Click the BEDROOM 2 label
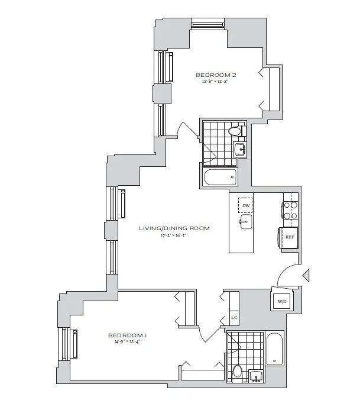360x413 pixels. pyautogui.click(x=216, y=75)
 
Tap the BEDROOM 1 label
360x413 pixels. pyautogui.click(x=127, y=335)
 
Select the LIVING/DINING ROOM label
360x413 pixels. pyautogui.click(x=174, y=228)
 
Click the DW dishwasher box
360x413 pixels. pyautogui.click(x=245, y=205)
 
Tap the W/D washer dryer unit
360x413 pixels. pyautogui.click(x=281, y=301)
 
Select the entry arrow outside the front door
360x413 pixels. pyautogui.click(x=306, y=275)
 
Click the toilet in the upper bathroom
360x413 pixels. pyautogui.click(x=235, y=131)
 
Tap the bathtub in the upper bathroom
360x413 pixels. pyautogui.click(x=219, y=176)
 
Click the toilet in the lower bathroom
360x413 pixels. pyautogui.click(x=237, y=372)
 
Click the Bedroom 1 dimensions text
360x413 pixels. pyautogui.click(x=127, y=342)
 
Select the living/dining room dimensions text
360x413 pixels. pyautogui.click(x=174, y=235)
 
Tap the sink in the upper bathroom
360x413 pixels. pyautogui.click(x=241, y=149)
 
